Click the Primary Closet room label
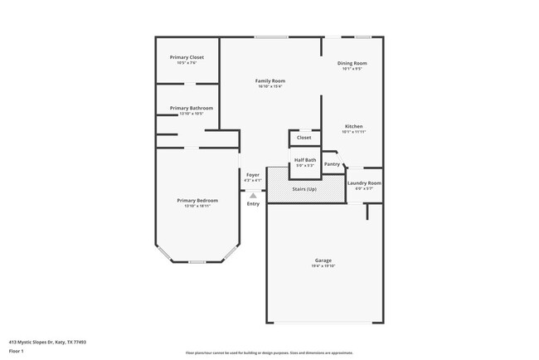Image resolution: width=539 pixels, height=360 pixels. (187, 57)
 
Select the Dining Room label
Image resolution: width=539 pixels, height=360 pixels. (352, 63)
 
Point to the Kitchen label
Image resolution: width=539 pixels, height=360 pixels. (353, 126)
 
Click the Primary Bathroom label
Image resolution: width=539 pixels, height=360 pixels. (192, 108)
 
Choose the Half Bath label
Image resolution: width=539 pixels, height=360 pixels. (305, 160)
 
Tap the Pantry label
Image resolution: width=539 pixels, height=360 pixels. (333, 164)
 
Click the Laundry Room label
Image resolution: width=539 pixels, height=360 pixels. (364, 182)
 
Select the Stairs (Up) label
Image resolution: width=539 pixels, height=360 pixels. (304, 189)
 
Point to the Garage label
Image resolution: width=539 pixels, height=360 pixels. (323, 260)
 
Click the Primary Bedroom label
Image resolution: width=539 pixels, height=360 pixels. (197, 200)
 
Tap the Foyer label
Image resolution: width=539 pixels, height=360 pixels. (253, 174)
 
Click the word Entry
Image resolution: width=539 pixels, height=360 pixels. (253, 203)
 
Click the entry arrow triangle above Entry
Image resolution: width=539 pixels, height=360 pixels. (253, 196)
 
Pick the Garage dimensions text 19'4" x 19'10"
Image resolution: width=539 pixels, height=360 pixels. (323, 266)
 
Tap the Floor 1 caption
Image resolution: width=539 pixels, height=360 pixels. (17, 351)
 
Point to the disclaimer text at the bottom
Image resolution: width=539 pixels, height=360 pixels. (269, 352)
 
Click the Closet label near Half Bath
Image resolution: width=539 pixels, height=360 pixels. (304, 137)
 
